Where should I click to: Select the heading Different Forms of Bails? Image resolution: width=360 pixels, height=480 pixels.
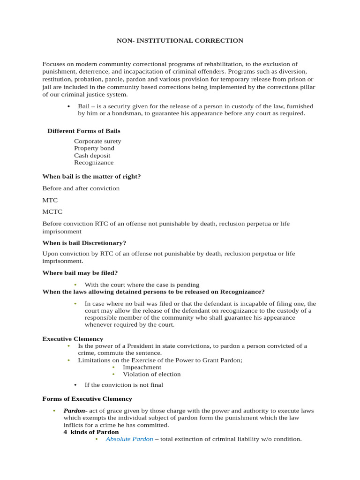(x=84, y=131)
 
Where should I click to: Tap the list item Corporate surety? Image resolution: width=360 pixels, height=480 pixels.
(x=97, y=141)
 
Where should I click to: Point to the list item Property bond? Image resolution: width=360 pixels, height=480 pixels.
(x=94, y=148)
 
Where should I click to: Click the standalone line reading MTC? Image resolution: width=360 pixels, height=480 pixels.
(x=50, y=200)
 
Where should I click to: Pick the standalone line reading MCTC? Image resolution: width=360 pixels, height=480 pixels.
(x=52, y=212)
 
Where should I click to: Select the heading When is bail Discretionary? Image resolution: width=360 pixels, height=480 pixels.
(x=84, y=243)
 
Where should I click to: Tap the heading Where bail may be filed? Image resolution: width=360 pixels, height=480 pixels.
(x=80, y=273)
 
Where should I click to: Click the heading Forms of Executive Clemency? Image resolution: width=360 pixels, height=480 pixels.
(x=87, y=399)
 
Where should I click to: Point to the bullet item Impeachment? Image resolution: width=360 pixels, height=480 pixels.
(x=142, y=367)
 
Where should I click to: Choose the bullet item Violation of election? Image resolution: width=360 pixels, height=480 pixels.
(x=151, y=375)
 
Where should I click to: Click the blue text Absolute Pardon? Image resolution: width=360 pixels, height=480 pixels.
(x=129, y=439)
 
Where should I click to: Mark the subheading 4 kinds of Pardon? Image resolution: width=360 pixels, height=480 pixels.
(x=91, y=432)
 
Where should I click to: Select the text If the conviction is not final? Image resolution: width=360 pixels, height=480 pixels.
(x=124, y=385)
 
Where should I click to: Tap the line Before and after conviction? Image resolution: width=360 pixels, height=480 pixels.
(x=81, y=188)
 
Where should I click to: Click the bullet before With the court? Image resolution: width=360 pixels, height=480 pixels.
(x=75, y=285)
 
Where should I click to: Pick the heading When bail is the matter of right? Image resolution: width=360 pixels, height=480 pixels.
(x=91, y=176)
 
